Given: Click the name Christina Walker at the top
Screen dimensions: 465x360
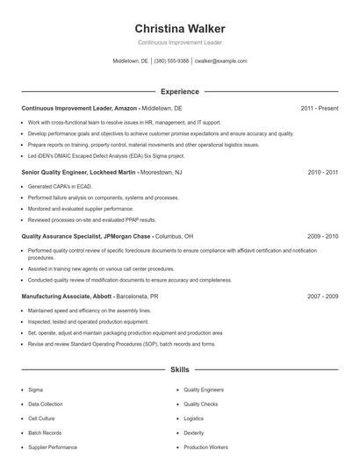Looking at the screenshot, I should pos(180,29).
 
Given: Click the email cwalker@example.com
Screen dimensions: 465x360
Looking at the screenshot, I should pos(220,61).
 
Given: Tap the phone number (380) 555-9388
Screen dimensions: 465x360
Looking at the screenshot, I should pos(171,61).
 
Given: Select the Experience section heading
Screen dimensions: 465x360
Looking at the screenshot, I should pos(180,91).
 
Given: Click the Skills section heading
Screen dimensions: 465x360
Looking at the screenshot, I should pos(180,370).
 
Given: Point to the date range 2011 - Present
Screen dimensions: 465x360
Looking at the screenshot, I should pos(320,108).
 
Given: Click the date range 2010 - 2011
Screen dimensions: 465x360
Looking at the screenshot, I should pos(322,173).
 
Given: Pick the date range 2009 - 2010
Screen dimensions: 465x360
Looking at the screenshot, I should pos(322,236).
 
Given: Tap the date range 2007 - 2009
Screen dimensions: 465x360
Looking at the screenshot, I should pos(322,297).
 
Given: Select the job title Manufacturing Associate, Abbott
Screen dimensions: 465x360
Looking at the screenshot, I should pos(67,297).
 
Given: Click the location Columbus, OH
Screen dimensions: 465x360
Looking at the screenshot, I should pos(176,236).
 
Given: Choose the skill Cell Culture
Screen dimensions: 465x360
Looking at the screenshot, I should pos(42,418).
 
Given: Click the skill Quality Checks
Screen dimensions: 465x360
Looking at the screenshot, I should pos(200,404).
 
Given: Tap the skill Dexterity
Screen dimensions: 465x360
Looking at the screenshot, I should pos(193,433).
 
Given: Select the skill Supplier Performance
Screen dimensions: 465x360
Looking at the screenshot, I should pos(53,447).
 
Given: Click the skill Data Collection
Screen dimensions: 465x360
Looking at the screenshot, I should pos(45,404).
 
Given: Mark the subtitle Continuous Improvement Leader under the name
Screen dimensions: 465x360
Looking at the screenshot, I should pos(180,42).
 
